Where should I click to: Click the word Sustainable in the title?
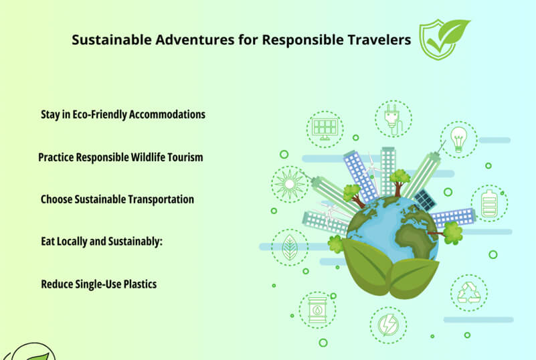pos(112,39)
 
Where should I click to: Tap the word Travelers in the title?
pos(379,39)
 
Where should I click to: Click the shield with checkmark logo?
pos(444,39)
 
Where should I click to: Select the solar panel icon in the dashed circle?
pos(325,129)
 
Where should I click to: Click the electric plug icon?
pos(393,119)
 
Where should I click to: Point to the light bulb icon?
pos(458,139)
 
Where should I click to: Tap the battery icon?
pos(489,203)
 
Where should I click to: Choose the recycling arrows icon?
pos(469,292)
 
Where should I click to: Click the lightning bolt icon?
pos(388,325)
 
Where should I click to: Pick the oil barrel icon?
pos(318,310)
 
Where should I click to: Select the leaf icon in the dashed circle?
pos(290,248)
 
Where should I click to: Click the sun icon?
pos(290,184)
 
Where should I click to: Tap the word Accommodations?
pos(167,114)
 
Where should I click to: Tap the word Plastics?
pos(140,284)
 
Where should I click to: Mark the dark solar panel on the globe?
pos(425,200)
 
